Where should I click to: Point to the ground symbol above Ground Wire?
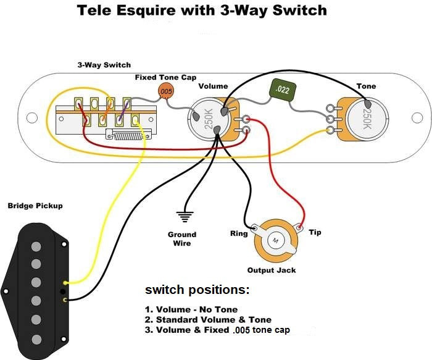[x=183, y=217]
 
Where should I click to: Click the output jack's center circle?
[x=275, y=239]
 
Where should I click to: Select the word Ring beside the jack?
[x=239, y=233]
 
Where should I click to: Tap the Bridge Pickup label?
[x=35, y=205]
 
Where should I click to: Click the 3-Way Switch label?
[x=104, y=65]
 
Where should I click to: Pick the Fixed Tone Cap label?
[x=165, y=77]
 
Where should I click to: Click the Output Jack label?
[x=272, y=270]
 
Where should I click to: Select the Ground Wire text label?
[x=182, y=239]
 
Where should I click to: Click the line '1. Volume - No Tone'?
[x=191, y=309]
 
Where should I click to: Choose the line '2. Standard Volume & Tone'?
[x=208, y=320]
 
